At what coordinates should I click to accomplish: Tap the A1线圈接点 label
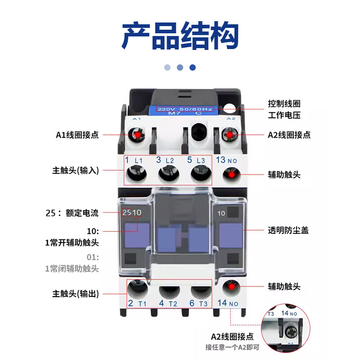(77, 135)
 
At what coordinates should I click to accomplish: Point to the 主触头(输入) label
(75, 171)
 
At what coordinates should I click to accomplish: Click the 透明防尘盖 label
(288, 230)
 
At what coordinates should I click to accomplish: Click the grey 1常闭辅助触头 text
(72, 269)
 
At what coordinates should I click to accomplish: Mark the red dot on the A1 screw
(136, 134)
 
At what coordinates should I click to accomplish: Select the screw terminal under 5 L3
(198, 174)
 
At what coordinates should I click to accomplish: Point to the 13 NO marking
(226, 160)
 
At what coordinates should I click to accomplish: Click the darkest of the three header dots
(193, 67)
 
